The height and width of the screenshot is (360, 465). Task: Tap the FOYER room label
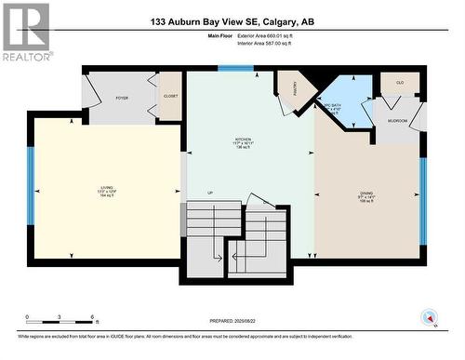pos(121,96)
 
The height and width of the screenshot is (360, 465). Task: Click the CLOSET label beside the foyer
pos(170,96)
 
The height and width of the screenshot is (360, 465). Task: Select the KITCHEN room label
pos(243,142)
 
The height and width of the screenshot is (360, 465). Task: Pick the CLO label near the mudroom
pos(400,83)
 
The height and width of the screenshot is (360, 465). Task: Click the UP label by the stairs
pos(211,193)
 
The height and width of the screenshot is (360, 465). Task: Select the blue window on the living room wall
pos(31,185)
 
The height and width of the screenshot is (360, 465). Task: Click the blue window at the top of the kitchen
pos(229,68)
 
